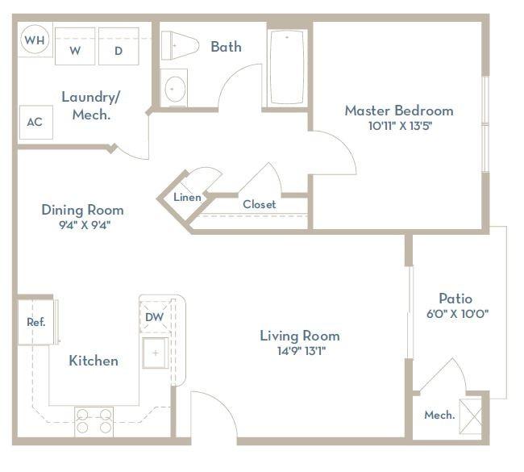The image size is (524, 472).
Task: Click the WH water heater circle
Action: coord(35,40)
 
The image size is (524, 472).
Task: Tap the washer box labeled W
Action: coord(75,46)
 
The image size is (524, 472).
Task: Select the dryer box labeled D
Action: coord(119,46)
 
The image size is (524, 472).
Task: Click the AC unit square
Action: coord(35,123)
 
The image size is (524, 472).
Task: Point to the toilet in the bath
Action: coord(180,45)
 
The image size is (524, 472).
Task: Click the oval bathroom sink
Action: coord(175,90)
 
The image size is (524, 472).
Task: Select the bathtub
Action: coord(287,67)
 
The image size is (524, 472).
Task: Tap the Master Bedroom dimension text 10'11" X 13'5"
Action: coord(400,126)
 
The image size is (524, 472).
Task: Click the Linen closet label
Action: coord(187,197)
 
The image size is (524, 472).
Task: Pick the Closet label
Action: coord(260,204)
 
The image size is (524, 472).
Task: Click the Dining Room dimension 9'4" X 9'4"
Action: coord(85,225)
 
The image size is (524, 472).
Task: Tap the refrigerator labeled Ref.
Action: coord(35,322)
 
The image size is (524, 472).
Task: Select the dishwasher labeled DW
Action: coord(155,317)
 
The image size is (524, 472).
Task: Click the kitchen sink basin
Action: coord(156,353)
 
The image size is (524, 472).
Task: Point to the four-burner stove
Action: coord(94,421)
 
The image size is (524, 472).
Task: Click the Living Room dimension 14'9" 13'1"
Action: coord(302,351)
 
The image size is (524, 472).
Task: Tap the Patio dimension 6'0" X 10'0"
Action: coord(458,314)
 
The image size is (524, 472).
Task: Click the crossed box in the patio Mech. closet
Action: coord(471,416)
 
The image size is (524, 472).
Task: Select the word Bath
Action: coord(227,47)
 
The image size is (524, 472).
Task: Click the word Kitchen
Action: coord(94,361)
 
